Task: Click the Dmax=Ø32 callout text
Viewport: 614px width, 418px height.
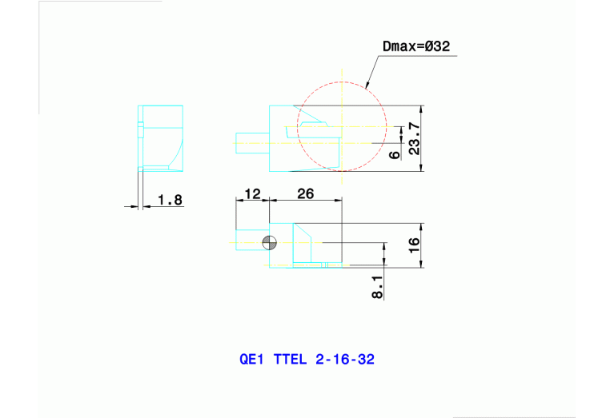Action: (x=416, y=47)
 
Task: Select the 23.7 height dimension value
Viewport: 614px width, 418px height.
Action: (x=413, y=138)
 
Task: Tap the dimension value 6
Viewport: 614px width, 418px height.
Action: (x=394, y=154)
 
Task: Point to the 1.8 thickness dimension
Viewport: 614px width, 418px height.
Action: (x=170, y=200)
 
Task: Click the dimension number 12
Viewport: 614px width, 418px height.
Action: (x=252, y=193)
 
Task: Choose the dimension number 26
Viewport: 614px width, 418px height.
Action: (x=305, y=193)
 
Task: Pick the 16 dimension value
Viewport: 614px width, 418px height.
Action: (x=413, y=245)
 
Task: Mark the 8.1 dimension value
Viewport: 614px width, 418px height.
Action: (x=377, y=285)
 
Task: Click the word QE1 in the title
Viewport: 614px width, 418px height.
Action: (x=251, y=359)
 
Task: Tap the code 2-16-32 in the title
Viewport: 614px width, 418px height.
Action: (x=344, y=359)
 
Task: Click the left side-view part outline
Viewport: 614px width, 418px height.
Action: (x=162, y=137)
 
